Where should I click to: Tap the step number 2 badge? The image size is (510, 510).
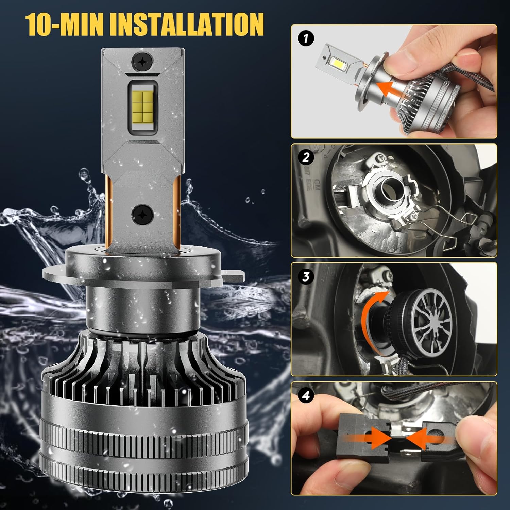[x=306, y=157]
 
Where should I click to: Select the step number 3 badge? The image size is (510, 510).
[x=306, y=276]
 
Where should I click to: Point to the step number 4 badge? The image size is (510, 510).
[x=306, y=396]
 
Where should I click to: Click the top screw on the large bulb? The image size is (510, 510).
[x=140, y=60]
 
